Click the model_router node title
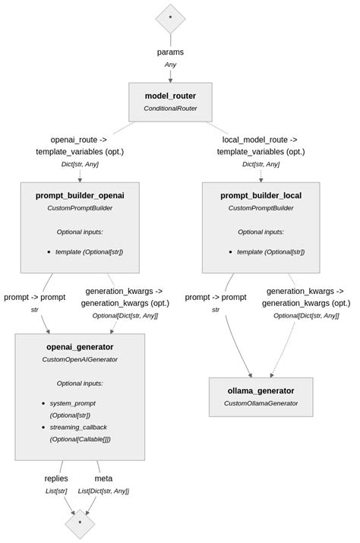pyautogui.click(x=170, y=96)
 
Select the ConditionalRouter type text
pyautogui.click(x=170, y=109)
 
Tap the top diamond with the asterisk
pyautogui.click(x=170, y=17)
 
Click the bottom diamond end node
pyautogui.click(x=80, y=523)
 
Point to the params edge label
pyautogui.click(x=170, y=52)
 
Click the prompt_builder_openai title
pyautogui.click(x=80, y=195)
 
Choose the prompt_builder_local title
pyautogui.click(x=261, y=195)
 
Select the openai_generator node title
pyautogui.click(x=80, y=347)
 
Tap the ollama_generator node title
pyautogui.click(x=261, y=391)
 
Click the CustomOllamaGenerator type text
pyautogui.click(x=261, y=403)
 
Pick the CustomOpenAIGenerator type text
pyautogui.click(x=80, y=359)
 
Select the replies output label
pyautogui.click(x=56, y=478)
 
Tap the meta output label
pyautogui.click(x=103, y=478)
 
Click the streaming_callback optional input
pyautogui.click(x=80, y=428)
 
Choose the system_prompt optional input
pyautogui.click(x=73, y=403)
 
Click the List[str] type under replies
pyautogui.click(x=56, y=491)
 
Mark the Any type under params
pyautogui.click(x=170, y=65)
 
